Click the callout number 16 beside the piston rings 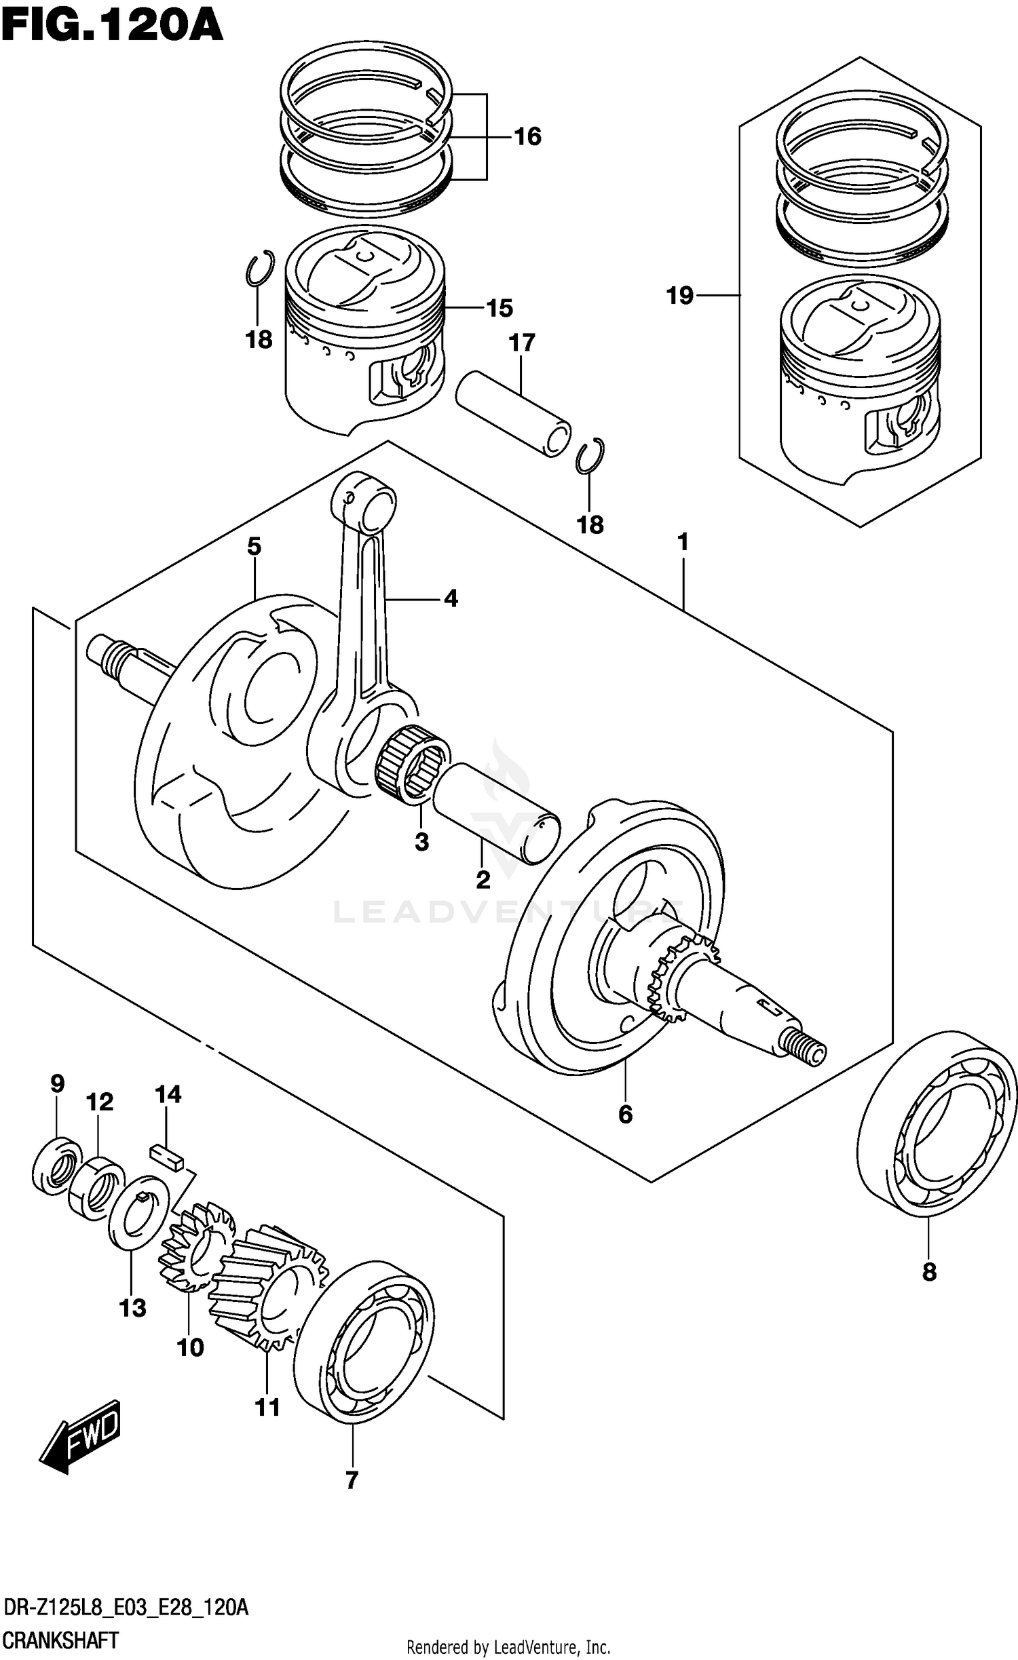527,136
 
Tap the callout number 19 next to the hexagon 680,295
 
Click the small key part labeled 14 167,1155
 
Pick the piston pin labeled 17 512,412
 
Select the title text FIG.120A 112,26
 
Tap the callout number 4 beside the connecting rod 451,598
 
